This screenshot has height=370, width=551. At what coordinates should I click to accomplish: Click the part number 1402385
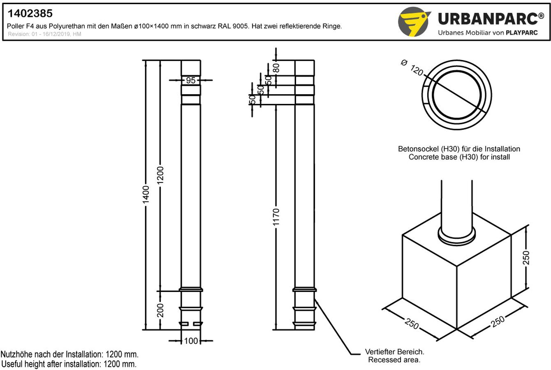pos(30,14)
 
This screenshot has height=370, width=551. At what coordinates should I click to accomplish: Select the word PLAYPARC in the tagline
pos(521,33)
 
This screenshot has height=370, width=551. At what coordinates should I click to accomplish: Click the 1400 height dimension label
pos(146,194)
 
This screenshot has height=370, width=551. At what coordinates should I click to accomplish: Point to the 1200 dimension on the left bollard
pos(160,175)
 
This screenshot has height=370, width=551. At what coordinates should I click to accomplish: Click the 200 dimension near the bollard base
pos(160,310)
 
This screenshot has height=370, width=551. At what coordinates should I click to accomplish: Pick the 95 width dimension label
pos(191,80)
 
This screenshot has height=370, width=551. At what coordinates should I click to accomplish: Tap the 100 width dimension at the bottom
pos(191,341)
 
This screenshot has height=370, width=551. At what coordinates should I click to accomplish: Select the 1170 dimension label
pos(276,217)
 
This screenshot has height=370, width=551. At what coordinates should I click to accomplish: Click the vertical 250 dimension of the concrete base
pos(526,257)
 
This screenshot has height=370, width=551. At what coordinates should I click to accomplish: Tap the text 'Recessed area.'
pos(394,360)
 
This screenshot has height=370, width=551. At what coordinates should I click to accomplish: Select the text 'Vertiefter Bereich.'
pos(394,352)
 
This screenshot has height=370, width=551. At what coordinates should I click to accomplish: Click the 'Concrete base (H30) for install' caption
pos(459,157)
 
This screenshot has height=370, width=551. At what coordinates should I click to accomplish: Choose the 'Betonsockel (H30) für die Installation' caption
pos(459,149)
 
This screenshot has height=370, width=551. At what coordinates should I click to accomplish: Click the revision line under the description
pos(44,34)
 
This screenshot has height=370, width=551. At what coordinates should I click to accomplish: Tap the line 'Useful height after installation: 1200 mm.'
pos(69,364)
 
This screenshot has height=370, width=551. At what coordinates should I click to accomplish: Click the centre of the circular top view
pos(456,95)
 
